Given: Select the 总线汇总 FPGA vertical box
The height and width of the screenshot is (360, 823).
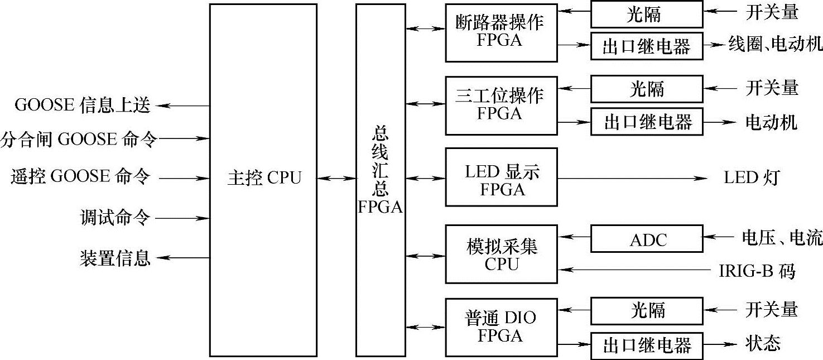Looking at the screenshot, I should click(381, 179).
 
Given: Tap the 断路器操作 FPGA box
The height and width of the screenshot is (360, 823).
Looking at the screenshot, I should click(500, 32).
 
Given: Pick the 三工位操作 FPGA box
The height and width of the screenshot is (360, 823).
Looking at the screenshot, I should click(500, 105).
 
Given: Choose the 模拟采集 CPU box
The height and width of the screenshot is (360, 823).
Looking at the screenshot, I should click(500, 255).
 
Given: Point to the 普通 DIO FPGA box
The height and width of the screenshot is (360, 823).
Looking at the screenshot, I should click(500, 327).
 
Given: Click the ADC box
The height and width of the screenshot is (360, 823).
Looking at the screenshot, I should click(647, 239).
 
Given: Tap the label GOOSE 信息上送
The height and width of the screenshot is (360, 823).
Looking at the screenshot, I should click(83, 105).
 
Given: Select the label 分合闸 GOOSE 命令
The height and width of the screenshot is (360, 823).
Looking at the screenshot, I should click(79, 138).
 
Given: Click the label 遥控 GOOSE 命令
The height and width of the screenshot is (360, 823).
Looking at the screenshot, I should click(80, 177).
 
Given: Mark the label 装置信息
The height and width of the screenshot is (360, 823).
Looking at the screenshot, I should click(115, 258).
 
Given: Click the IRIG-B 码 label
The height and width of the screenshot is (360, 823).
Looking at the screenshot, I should click(756, 272).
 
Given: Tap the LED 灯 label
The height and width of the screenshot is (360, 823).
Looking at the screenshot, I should click(750, 178).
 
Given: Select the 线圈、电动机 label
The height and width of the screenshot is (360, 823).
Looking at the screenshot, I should click(775, 45).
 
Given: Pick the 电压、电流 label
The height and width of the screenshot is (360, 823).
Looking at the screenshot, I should click(781, 239).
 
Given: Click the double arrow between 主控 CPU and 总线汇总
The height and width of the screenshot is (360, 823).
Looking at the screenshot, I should click(336, 179).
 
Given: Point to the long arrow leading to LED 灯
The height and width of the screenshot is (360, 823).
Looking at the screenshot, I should click(631, 179).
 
